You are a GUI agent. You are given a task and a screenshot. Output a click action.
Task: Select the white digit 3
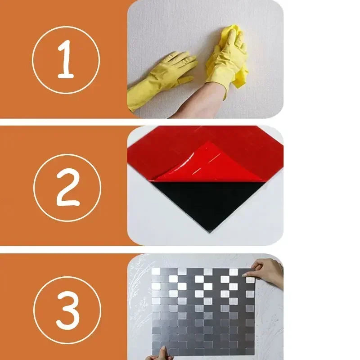(67, 310)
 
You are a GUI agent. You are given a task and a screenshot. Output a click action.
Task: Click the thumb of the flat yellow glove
(184, 81)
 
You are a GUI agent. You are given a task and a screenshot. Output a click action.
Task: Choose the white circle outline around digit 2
(67, 155)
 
